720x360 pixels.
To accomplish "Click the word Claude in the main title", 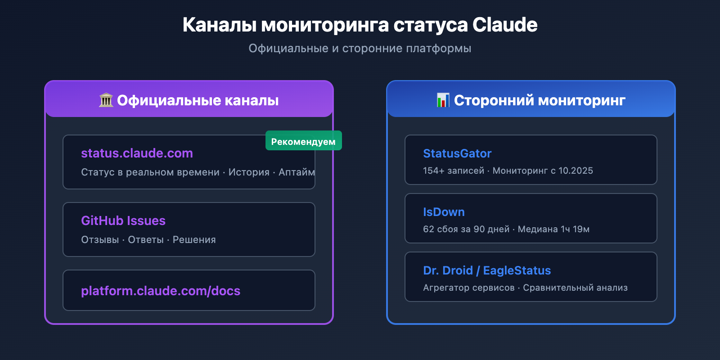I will pyautogui.click(x=505, y=25).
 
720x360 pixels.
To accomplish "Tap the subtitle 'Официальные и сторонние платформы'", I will pyautogui.click(x=360, y=48).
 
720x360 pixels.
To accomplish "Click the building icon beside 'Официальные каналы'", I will pyautogui.click(x=106, y=100).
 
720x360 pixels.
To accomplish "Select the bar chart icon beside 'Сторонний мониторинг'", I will pyautogui.click(x=443, y=100).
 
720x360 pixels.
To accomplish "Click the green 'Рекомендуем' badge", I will pyautogui.click(x=303, y=141).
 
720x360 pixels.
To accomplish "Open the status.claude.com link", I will pyautogui.click(x=137, y=153).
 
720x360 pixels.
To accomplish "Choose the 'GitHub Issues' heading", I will pyautogui.click(x=123, y=220).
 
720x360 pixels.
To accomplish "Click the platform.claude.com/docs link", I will pyautogui.click(x=161, y=291).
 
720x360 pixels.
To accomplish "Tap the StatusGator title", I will pyautogui.click(x=457, y=153).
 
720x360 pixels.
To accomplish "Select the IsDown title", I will pyautogui.click(x=444, y=212).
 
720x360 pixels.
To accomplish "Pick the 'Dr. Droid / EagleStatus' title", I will pyautogui.click(x=487, y=270).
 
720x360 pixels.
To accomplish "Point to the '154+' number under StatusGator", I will pyautogui.click(x=431, y=171).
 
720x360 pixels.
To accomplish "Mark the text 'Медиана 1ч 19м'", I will pyautogui.click(x=553, y=229).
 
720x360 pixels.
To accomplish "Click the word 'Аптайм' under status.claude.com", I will pyautogui.click(x=296, y=172).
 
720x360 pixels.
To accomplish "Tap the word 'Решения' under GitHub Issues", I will pyautogui.click(x=194, y=239).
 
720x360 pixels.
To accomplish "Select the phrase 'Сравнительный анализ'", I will pyautogui.click(x=575, y=288).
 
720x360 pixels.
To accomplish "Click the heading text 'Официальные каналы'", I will pyautogui.click(x=198, y=100).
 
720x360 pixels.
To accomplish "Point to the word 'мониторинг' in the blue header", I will pyautogui.click(x=581, y=100).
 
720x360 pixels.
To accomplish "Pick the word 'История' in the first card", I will pyautogui.click(x=249, y=172).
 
